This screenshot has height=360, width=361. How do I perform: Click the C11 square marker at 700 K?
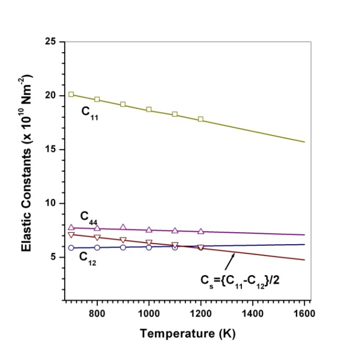[71, 95]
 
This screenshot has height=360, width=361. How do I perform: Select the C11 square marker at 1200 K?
[201, 119]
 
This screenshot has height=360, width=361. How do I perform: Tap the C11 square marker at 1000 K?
[149, 109]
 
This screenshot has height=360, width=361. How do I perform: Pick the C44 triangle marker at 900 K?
[123, 227]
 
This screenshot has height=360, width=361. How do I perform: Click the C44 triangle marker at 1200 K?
[201, 231]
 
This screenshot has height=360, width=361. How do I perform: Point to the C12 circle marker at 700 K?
[71, 248]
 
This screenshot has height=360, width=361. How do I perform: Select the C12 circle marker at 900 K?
[123, 247]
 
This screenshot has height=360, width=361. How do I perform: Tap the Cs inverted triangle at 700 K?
[71, 235]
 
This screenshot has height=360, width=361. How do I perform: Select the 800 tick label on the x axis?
[97, 314]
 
